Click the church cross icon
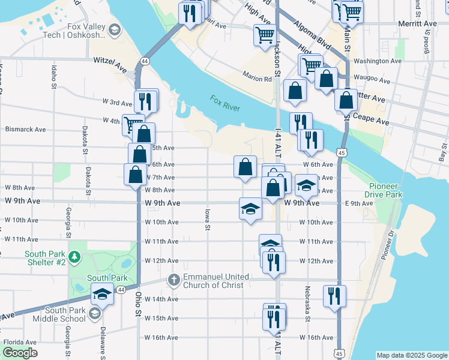174,280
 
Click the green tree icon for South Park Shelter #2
74,257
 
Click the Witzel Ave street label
112,61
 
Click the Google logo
20,353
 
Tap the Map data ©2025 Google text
411,355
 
